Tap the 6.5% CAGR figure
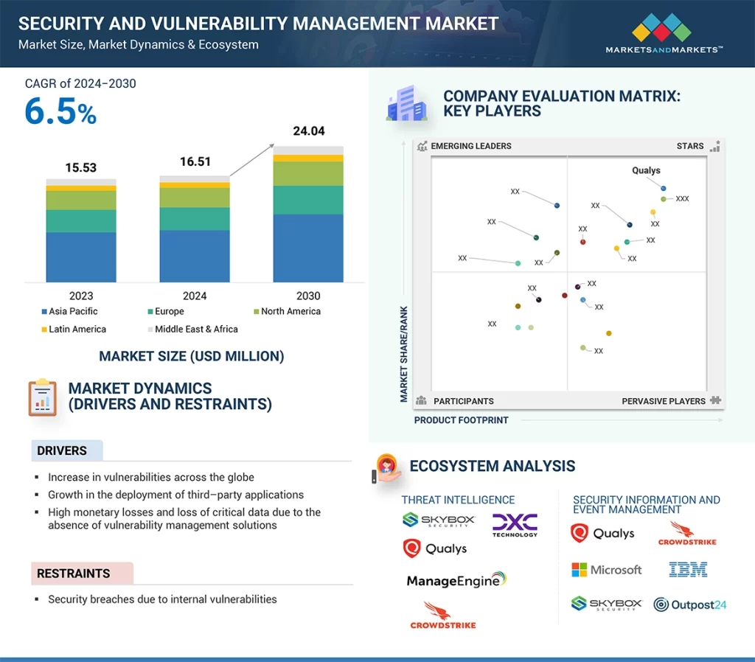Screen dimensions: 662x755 60,111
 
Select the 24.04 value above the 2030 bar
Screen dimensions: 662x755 308,131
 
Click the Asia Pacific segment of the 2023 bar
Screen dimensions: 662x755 81,257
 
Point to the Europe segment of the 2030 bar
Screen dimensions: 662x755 308,200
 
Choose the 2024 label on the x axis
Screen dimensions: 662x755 195,296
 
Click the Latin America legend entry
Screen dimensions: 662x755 73,330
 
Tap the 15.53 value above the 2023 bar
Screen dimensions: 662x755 81,167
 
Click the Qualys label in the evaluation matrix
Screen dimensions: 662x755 646,170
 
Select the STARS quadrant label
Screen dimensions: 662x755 690,146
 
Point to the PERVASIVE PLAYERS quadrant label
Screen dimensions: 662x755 664,401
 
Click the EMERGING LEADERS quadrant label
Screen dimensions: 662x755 470,146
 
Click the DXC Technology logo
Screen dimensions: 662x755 515,525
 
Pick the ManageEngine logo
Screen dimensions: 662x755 456,580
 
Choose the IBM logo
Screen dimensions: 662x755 688,569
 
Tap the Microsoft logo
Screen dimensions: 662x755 607,570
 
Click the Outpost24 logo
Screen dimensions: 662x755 690,604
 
